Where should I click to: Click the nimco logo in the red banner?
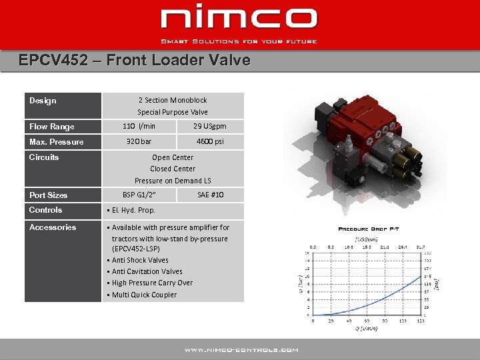tap(239, 19)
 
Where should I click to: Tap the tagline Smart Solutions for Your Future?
tap(239, 41)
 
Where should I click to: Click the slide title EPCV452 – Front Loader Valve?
tap(135, 61)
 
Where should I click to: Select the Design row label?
tap(43, 101)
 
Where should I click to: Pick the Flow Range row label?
tap(52, 127)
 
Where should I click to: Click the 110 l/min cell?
tap(139, 126)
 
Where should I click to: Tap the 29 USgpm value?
tap(210, 126)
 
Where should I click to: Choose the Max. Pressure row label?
tap(57, 142)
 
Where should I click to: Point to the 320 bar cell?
tap(139, 141)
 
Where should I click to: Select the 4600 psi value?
tap(210, 141)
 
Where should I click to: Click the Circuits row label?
tap(44, 157)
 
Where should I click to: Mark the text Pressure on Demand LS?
tap(173, 180)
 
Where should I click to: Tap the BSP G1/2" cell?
tap(139, 195)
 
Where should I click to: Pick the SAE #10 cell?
tap(211, 195)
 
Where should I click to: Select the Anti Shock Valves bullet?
tap(140, 260)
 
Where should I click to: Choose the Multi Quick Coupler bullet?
tap(144, 295)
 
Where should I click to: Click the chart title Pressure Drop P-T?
tap(368, 229)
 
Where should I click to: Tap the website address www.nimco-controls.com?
tap(241, 349)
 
